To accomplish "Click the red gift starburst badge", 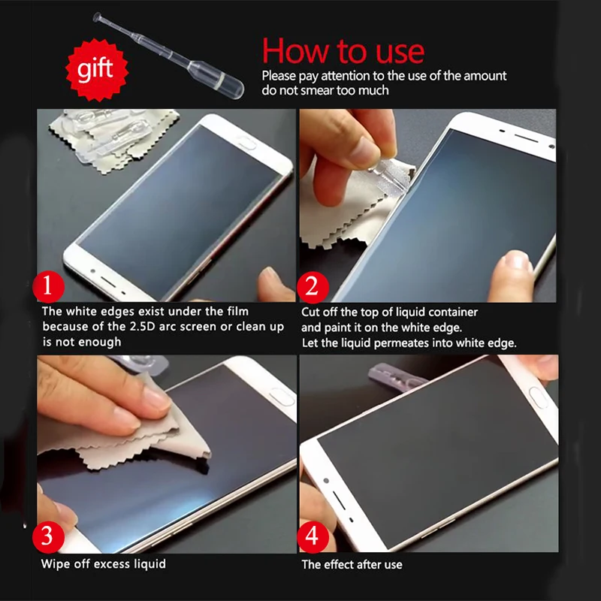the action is (97, 70).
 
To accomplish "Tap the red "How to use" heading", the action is (343, 50).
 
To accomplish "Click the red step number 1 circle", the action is (48, 286).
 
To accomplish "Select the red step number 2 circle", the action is (313, 287).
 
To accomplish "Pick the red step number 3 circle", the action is (48, 536).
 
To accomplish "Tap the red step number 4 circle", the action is (313, 536).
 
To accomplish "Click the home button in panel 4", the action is (537, 397).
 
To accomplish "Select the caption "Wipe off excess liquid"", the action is (104, 564).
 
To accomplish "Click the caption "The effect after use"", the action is (352, 565).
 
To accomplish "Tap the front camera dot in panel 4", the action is (326, 480).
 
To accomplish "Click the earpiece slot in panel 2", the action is (527, 137).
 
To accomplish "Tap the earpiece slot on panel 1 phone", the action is (108, 282).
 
